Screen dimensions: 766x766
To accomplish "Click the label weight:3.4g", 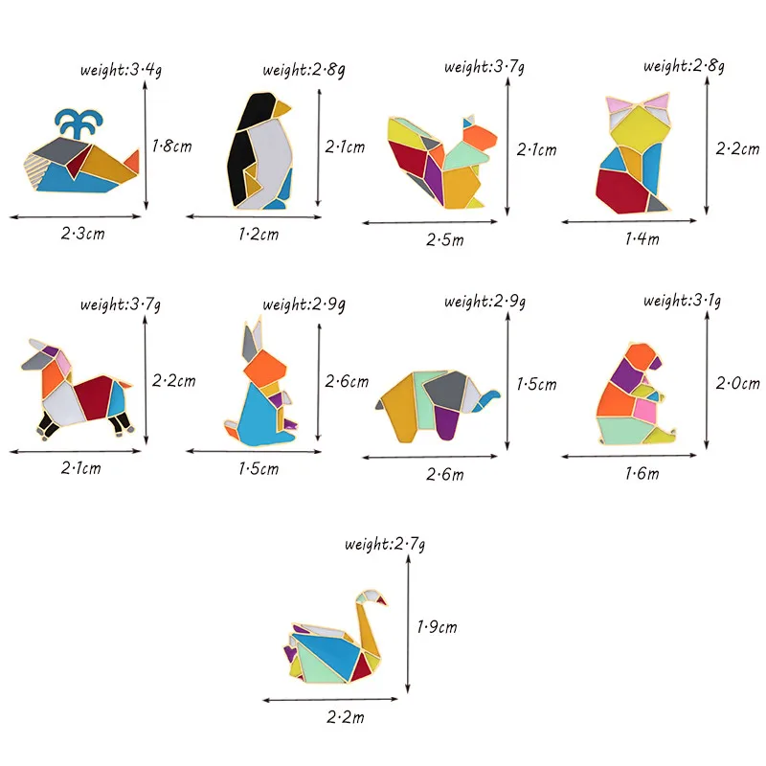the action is (121, 69).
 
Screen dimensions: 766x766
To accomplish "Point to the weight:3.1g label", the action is (683, 301).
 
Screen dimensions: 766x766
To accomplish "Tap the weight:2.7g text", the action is (386, 545).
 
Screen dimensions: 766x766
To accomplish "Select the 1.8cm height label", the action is (173, 145).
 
